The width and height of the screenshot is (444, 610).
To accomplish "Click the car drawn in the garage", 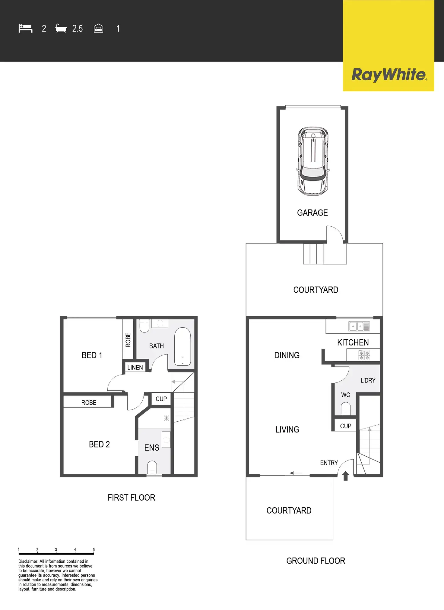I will coord(313,161).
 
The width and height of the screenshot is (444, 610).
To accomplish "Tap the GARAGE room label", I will coord(312,213).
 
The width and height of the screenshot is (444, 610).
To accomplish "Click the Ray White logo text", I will coord(389,75).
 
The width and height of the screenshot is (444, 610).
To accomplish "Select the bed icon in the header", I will coord(25,28).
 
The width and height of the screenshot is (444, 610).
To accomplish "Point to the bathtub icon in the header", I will coord(61,29).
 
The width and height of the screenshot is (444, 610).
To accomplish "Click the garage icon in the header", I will coord(98,29).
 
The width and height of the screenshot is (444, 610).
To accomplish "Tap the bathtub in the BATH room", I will coord(182,347).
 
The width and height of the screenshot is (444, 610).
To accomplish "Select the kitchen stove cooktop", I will coord(364,355).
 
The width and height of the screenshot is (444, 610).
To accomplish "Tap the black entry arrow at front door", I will coord(346,476).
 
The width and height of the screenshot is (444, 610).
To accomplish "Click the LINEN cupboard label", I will coord(135,367).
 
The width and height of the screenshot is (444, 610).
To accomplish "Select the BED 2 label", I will coord(99,444).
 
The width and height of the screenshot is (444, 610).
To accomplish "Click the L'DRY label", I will coord(368,380).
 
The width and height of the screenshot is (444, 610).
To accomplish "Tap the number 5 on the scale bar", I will coord(94,550).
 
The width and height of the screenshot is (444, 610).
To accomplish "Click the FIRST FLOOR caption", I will coord(131,498).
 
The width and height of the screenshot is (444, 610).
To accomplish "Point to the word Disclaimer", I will coord(28,561).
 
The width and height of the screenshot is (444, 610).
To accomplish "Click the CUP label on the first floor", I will coord(161,399).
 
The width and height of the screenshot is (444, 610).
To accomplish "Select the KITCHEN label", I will coord(353,342).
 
